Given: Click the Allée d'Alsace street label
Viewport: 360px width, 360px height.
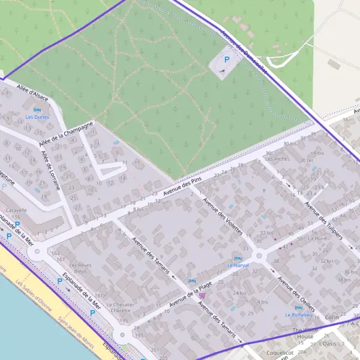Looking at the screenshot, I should (33, 93).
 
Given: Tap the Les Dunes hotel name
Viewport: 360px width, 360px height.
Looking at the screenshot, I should (37, 117).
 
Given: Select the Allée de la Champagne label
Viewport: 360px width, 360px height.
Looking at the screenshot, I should (66, 134).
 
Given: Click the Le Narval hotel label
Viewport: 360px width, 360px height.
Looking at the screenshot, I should (238, 265).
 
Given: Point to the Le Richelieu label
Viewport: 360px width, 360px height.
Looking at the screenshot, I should (299, 314).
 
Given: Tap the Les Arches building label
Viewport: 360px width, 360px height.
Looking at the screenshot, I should (277, 159).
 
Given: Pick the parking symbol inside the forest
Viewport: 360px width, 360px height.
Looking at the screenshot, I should (226, 59).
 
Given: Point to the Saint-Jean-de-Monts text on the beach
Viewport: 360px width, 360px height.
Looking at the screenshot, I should (77, 338).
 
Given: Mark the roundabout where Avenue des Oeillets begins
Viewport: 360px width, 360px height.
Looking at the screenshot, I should (260, 256).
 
